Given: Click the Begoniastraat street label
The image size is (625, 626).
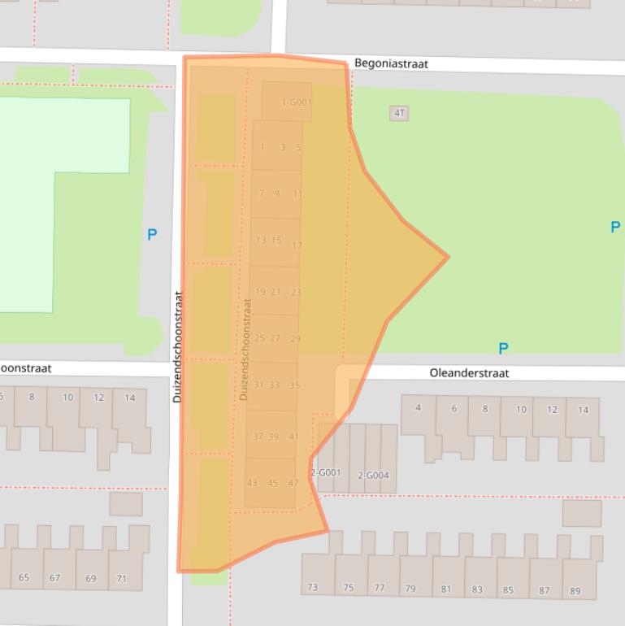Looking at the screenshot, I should tap(391, 63).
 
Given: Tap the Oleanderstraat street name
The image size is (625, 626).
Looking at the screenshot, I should tap(469, 373).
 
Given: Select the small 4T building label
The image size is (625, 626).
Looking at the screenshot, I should tap(399, 113).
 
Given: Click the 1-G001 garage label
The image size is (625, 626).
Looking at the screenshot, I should tap(296, 102).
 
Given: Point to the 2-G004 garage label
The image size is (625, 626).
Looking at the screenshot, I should tap(373, 476).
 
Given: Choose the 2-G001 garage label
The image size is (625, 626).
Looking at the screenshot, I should tap(325, 472).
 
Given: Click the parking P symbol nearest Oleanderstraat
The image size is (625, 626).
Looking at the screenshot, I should tap(503, 349).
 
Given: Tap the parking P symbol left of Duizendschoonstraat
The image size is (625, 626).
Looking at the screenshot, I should tap(152, 235).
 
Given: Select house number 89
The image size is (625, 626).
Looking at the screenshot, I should tap(575, 591).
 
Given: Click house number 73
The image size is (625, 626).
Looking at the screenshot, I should tap(312, 587).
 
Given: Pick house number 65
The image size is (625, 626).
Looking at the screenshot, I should tap(24, 578).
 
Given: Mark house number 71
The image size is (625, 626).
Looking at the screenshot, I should tap(121, 579).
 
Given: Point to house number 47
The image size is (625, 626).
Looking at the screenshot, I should tap(293, 483).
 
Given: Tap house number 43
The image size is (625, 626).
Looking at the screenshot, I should tap(252, 483).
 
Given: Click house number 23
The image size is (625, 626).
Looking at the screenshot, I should tap(296, 292).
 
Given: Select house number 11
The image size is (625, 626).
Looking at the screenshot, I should tap(297, 194).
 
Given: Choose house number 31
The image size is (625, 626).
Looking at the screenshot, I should tap(258, 385).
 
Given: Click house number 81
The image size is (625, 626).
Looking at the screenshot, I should tap(445, 589).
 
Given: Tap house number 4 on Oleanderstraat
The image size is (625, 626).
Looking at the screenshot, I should tap(419, 407).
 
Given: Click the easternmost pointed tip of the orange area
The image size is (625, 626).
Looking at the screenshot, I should tap(448, 257).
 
